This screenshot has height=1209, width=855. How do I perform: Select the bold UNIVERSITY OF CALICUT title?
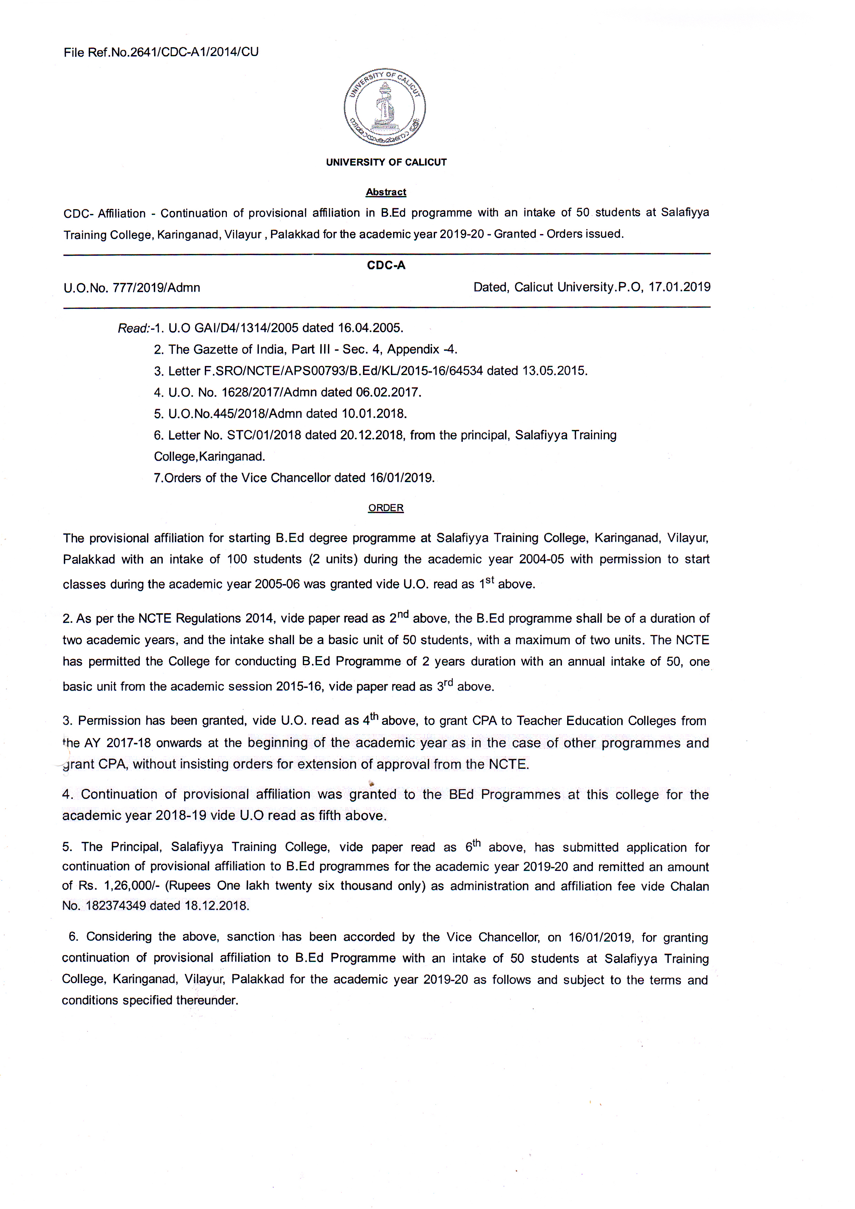point(386,162)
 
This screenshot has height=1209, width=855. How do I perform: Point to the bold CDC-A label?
point(386,265)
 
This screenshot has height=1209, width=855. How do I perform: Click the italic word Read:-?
point(134,328)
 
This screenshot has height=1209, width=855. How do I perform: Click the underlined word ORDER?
point(386,508)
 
